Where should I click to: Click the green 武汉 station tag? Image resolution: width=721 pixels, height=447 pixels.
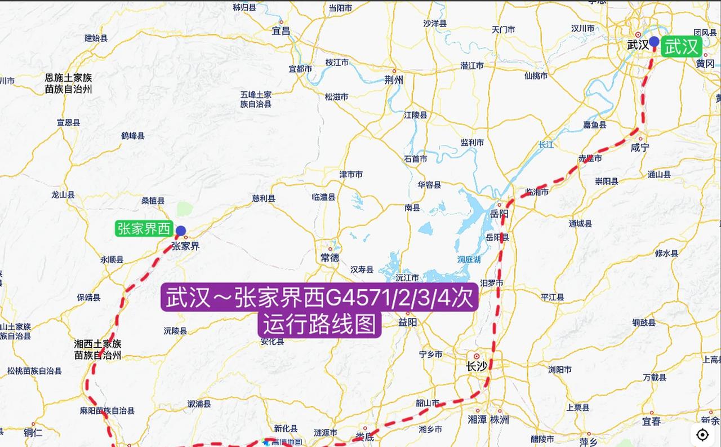tap(681, 47)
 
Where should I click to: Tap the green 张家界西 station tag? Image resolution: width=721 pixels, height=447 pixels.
tap(144, 228)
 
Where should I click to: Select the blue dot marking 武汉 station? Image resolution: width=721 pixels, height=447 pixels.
tap(654, 41)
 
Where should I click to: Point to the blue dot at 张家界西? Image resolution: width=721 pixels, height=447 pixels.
tap(181, 231)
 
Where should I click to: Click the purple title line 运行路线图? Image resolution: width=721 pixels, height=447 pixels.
tap(319, 325)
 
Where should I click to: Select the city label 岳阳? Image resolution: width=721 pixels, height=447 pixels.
tap(499, 214)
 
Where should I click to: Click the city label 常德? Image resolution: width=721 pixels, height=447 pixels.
tap(330, 257)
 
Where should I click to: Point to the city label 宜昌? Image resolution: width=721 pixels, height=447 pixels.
tap(281, 31)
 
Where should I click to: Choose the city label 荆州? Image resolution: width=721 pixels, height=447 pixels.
tap(394, 80)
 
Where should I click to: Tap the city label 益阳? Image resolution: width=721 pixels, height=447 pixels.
tap(407, 322)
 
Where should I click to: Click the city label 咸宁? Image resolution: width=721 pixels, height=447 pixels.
tap(640, 147)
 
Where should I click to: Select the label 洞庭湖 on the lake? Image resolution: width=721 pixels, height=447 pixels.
tap(469, 259)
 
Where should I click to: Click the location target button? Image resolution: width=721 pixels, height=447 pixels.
tap(702, 435)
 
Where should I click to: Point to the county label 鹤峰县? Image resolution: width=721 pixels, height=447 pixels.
tap(133, 135)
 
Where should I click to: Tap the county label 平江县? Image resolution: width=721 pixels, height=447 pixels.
tap(553, 297)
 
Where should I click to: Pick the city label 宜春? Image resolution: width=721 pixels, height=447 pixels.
tap(651, 421)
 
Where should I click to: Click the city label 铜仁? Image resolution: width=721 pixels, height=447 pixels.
tap(33, 432)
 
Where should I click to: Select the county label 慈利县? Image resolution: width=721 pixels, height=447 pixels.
tap(264, 198)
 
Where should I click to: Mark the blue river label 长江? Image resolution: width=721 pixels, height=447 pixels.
tap(546, 144)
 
